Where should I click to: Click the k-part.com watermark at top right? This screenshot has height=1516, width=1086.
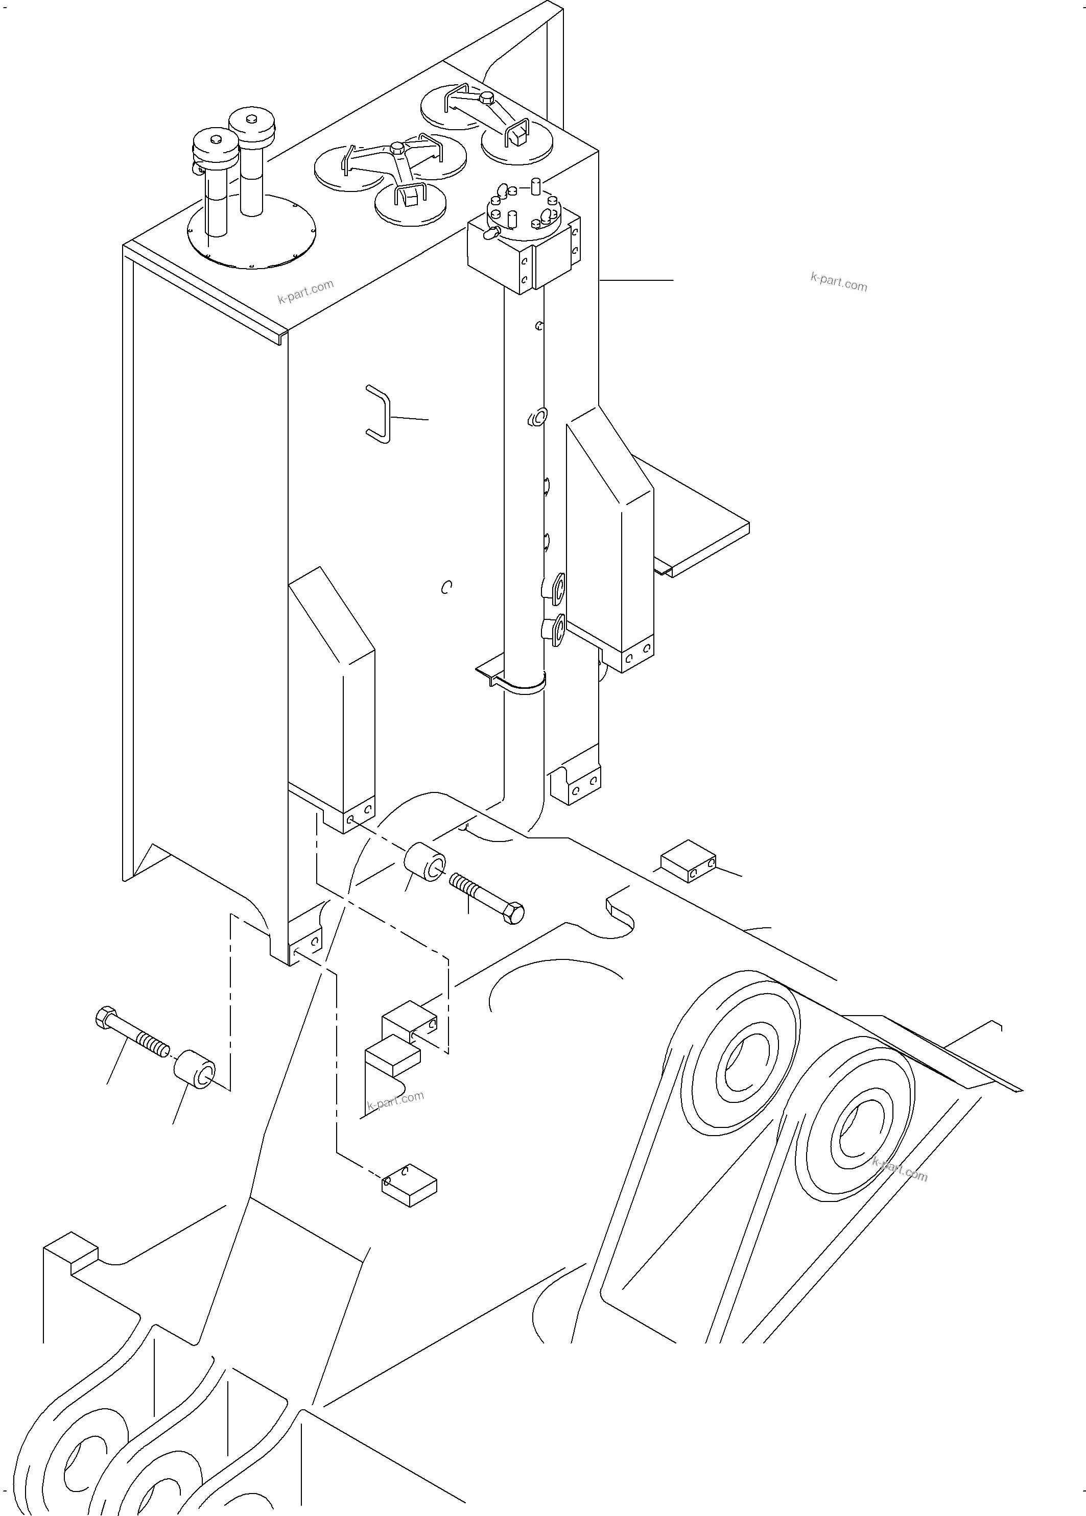tap(839, 282)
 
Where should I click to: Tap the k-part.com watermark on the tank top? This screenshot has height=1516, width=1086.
tap(305, 292)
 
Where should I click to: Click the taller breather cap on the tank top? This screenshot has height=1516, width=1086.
tap(251, 124)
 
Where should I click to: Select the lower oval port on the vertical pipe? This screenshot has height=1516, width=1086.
tap(556, 630)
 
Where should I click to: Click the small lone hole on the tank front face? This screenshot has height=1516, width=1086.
tap(446, 587)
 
